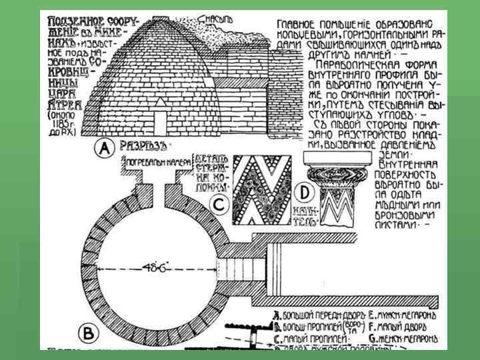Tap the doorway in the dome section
[x=161, y=122]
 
